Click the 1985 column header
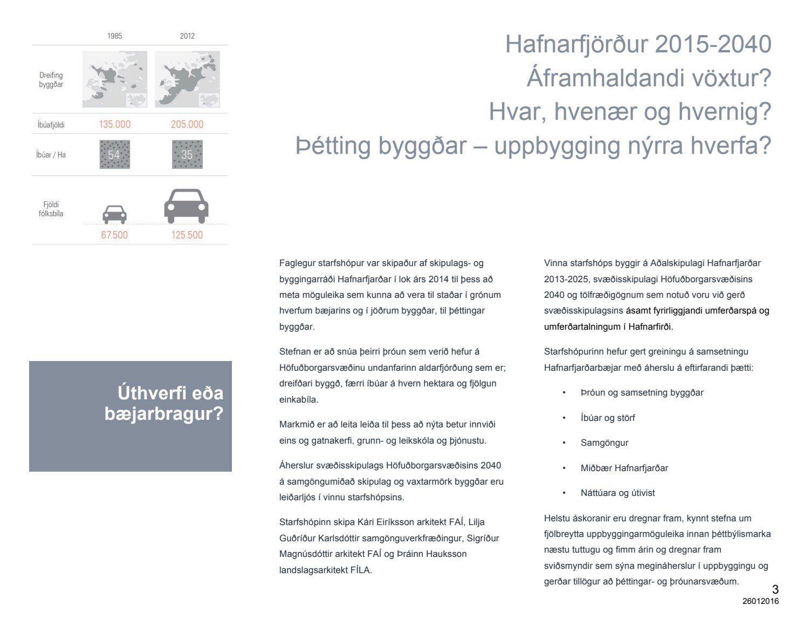click(114, 36)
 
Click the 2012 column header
click(187, 36)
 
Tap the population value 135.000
click(114, 124)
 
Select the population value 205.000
click(187, 124)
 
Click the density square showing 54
click(114, 155)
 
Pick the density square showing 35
click(187, 155)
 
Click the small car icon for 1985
click(114, 214)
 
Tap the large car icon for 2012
click(186, 206)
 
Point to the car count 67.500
click(114, 235)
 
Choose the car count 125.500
click(187, 235)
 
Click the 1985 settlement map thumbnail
click(114, 79)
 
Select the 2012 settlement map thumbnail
click(187, 79)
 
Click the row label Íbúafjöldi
click(51, 125)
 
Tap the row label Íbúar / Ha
click(51, 155)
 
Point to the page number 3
click(775, 589)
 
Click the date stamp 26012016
click(760, 601)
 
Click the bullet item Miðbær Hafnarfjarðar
click(624, 468)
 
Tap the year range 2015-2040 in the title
click(713, 44)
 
